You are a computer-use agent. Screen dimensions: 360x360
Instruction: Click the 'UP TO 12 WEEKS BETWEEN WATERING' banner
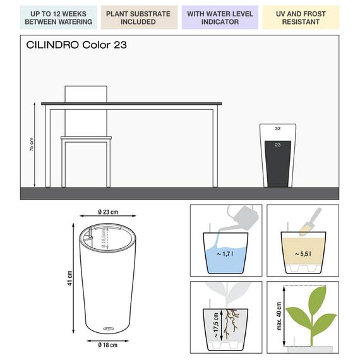58,18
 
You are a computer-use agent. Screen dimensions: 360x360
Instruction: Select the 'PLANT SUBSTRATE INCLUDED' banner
139,18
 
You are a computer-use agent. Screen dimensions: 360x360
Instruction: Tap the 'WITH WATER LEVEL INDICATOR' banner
220,18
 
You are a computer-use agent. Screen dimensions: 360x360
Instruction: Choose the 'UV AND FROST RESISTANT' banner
301,18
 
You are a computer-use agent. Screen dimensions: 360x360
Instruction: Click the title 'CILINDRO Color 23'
76,45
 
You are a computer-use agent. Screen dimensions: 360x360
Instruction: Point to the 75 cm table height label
32,144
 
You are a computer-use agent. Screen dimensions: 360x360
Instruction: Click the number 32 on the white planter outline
278,128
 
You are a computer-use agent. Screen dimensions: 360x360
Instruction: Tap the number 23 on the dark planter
278,145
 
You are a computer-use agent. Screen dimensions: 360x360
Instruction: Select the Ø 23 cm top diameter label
108,212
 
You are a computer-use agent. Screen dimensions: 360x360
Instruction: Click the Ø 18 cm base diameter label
107,345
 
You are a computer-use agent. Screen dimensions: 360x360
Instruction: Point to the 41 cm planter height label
69,278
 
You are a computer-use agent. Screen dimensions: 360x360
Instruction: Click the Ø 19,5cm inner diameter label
104,238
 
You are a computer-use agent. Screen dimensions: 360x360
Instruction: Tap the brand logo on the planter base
109,328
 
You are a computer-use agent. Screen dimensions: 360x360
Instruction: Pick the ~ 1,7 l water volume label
225,254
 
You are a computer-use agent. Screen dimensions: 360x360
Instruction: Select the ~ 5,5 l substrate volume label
303,254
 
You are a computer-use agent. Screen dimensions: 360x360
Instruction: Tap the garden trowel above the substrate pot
310,222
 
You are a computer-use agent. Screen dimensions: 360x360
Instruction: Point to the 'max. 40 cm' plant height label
279,316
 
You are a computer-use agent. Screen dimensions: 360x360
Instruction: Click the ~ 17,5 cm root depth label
216,325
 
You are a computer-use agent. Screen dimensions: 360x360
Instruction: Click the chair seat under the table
86,138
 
